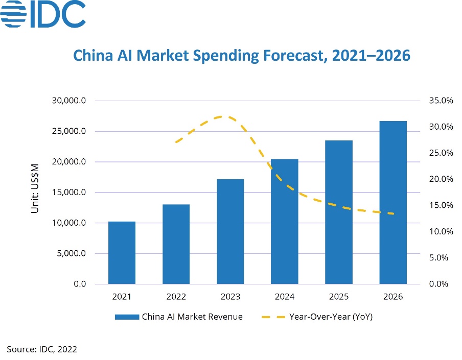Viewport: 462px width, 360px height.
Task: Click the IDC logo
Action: (x=43, y=15)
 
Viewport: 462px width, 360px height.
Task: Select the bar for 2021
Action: (x=122, y=253)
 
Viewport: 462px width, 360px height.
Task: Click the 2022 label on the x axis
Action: (x=176, y=297)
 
